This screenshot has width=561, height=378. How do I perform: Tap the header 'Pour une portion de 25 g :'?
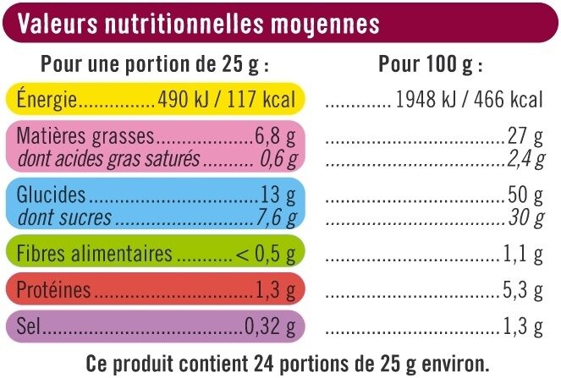click(155, 65)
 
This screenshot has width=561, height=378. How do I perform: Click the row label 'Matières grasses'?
click(85, 136)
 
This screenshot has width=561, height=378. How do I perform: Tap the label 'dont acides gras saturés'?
click(108, 157)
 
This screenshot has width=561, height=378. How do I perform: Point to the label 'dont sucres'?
click(63, 217)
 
